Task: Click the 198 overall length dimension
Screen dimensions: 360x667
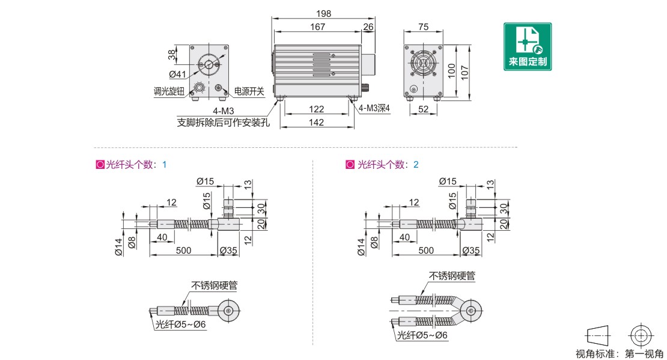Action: point(323,14)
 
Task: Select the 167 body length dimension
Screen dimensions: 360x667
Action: point(317,27)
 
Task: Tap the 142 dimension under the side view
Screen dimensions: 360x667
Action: point(317,123)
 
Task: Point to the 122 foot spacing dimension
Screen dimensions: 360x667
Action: point(317,109)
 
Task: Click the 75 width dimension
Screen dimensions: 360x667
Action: point(424,27)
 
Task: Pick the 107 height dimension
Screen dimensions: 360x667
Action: point(463,70)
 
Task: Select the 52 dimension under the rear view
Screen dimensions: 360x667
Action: point(424,109)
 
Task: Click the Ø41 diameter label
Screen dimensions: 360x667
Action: point(177,75)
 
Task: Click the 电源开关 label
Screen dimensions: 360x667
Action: point(249,92)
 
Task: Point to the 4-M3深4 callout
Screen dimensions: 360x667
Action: point(374,109)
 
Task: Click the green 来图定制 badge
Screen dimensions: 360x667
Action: point(527,46)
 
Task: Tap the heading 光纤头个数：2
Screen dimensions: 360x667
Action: point(383,165)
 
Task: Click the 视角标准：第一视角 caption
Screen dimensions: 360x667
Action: point(620,354)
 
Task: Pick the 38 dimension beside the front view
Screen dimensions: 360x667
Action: point(173,55)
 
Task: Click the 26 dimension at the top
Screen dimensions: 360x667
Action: point(368,27)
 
